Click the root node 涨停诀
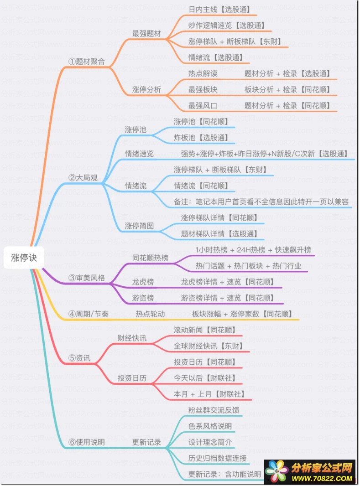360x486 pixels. click(24, 258)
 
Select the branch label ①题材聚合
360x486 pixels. click(86, 62)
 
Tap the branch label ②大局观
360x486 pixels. click(83, 178)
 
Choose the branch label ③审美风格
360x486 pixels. click(86, 278)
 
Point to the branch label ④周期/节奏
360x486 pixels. click(89, 314)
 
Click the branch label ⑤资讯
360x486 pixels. click(79, 358)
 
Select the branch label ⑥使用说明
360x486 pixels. click(86, 442)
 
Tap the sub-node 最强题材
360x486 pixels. click(146, 33)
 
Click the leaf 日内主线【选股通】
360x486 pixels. click(219, 10)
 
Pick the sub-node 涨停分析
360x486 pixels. click(146, 89)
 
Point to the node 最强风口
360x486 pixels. click(203, 106)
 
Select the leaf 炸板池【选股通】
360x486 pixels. click(201, 138)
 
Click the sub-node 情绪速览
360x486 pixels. click(139, 154)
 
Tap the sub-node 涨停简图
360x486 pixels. click(139, 226)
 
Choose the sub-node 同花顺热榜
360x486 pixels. click(150, 258)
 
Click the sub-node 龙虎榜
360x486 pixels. click(143, 282)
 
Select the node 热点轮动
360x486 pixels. click(150, 314)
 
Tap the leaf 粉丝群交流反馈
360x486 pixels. click(214, 410)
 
